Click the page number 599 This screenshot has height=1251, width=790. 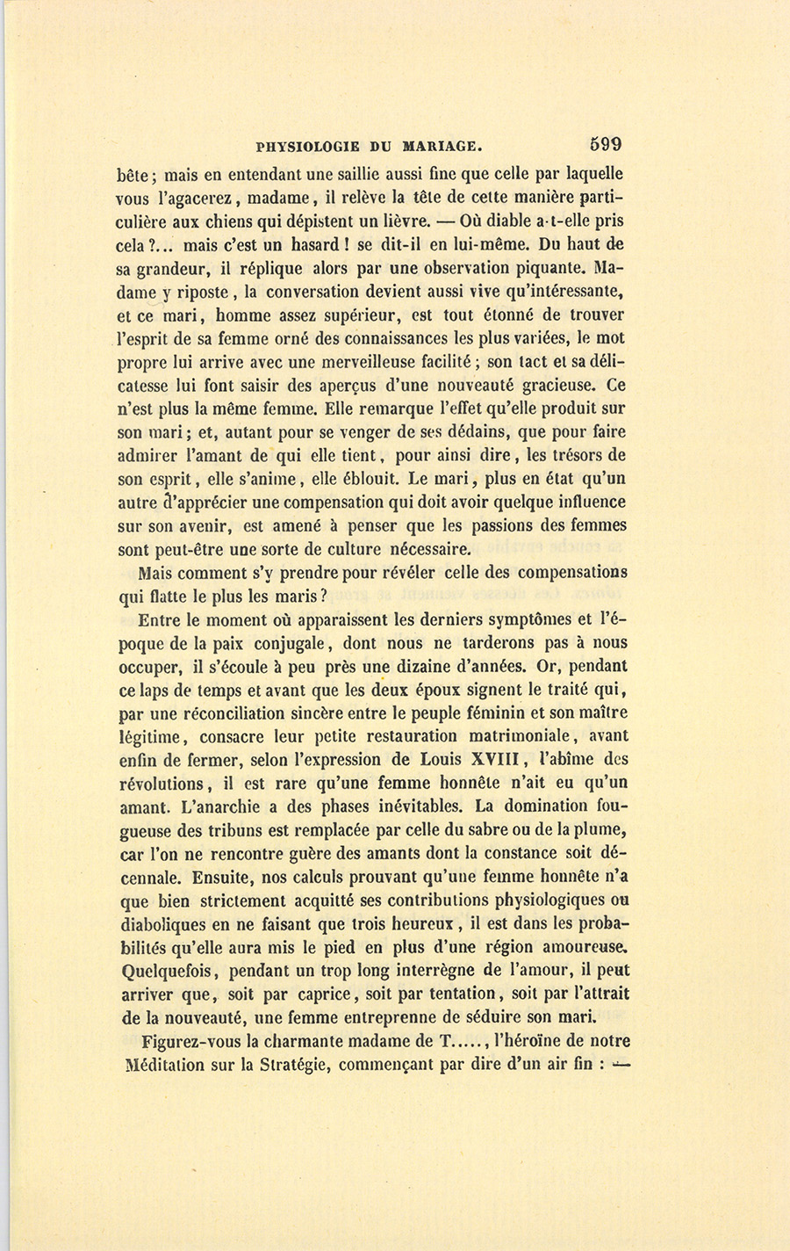(x=606, y=144)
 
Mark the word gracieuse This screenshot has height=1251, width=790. (x=550, y=385)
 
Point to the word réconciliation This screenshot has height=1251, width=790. (x=229, y=712)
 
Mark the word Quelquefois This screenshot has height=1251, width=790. (x=166, y=971)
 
